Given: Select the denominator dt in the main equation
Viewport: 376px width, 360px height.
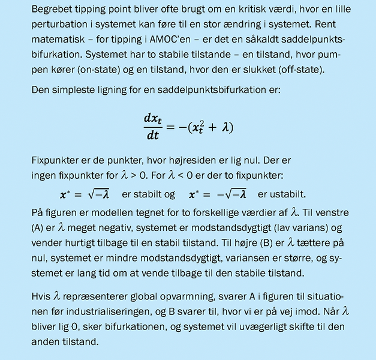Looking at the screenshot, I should pos(153,136).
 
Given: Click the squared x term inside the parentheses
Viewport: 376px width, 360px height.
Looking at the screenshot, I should pos(197,127).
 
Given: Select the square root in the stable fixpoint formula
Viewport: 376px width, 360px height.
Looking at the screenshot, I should pos(98,194).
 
